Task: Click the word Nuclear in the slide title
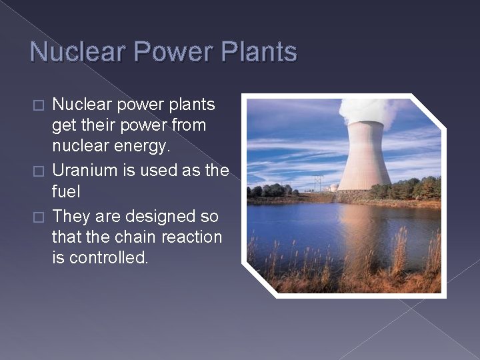pos(72,52)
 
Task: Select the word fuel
pos(66,193)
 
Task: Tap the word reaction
pos(190,237)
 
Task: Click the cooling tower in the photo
pos(364,157)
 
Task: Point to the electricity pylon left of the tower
pos(318,183)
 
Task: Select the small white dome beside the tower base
pos(333,188)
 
